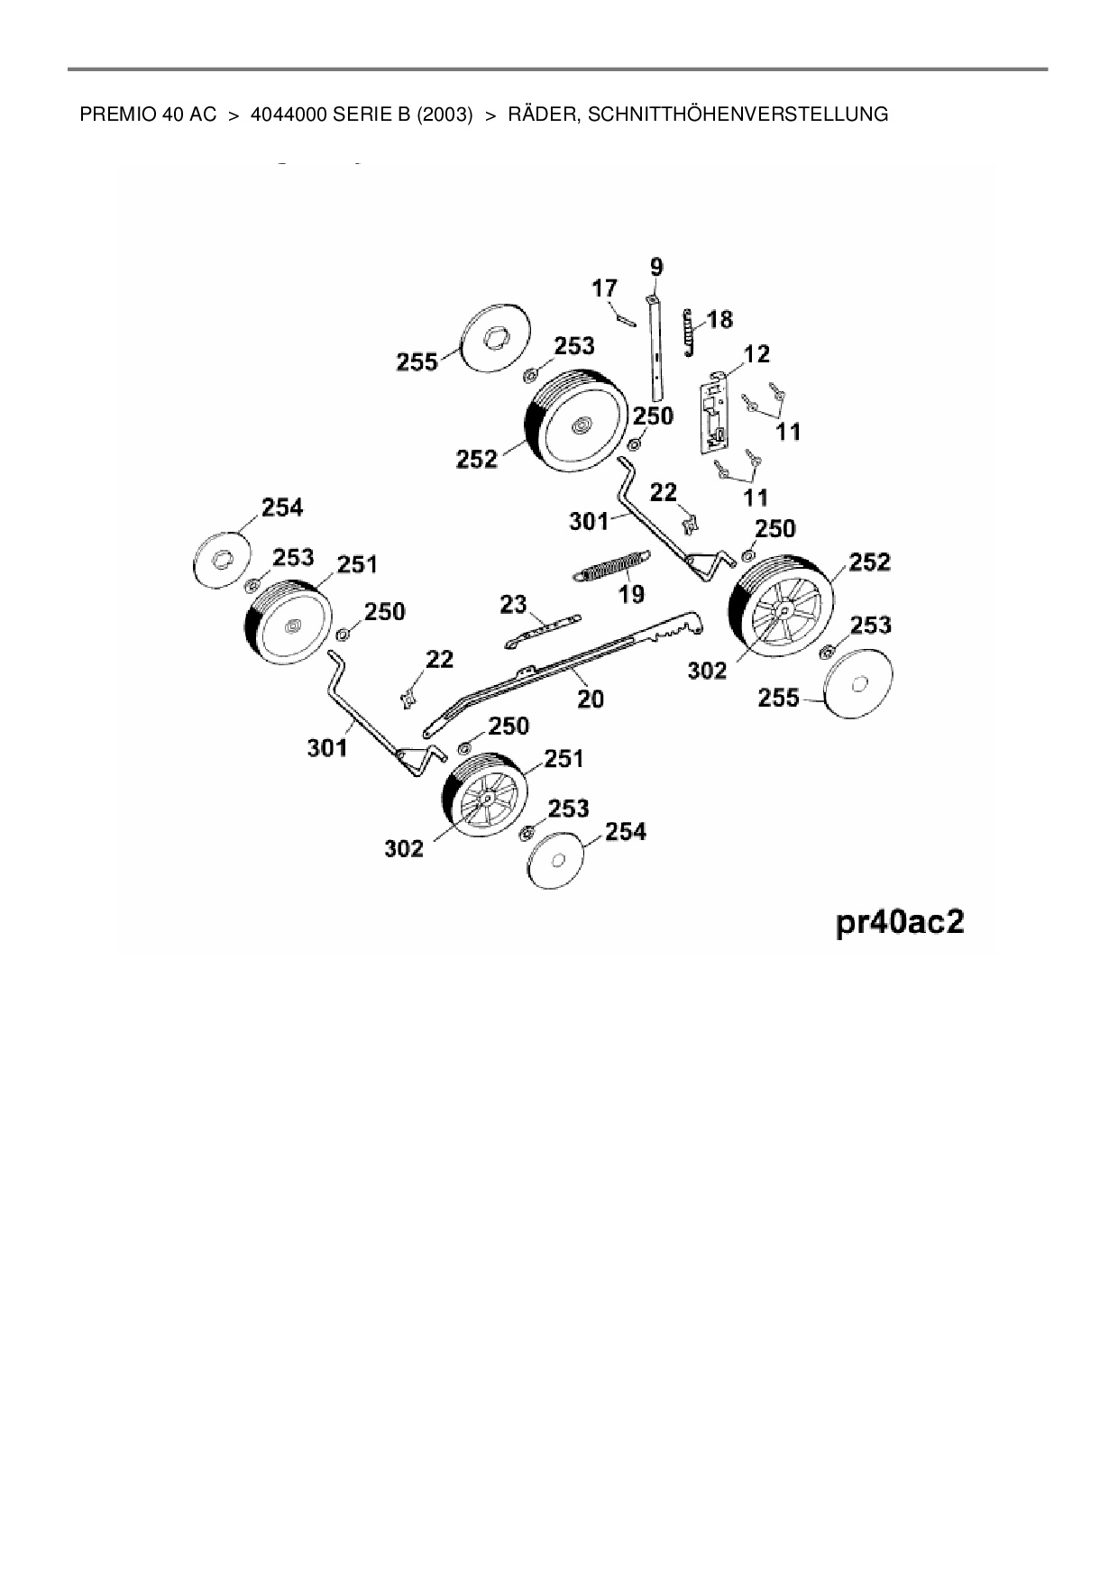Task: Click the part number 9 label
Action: (x=655, y=266)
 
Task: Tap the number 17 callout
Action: (x=604, y=288)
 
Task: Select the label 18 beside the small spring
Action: (x=719, y=319)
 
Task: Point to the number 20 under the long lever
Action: (x=590, y=698)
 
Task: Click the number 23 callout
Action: (x=513, y=604)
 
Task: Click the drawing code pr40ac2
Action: (x=901, y=924)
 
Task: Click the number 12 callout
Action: (x=756, y=354)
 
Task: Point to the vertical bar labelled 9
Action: (x=657, y=347)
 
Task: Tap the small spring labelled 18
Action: (x=689, y=332)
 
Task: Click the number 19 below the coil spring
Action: (x=631, y=594)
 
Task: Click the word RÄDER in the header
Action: (x=543, y=114)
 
